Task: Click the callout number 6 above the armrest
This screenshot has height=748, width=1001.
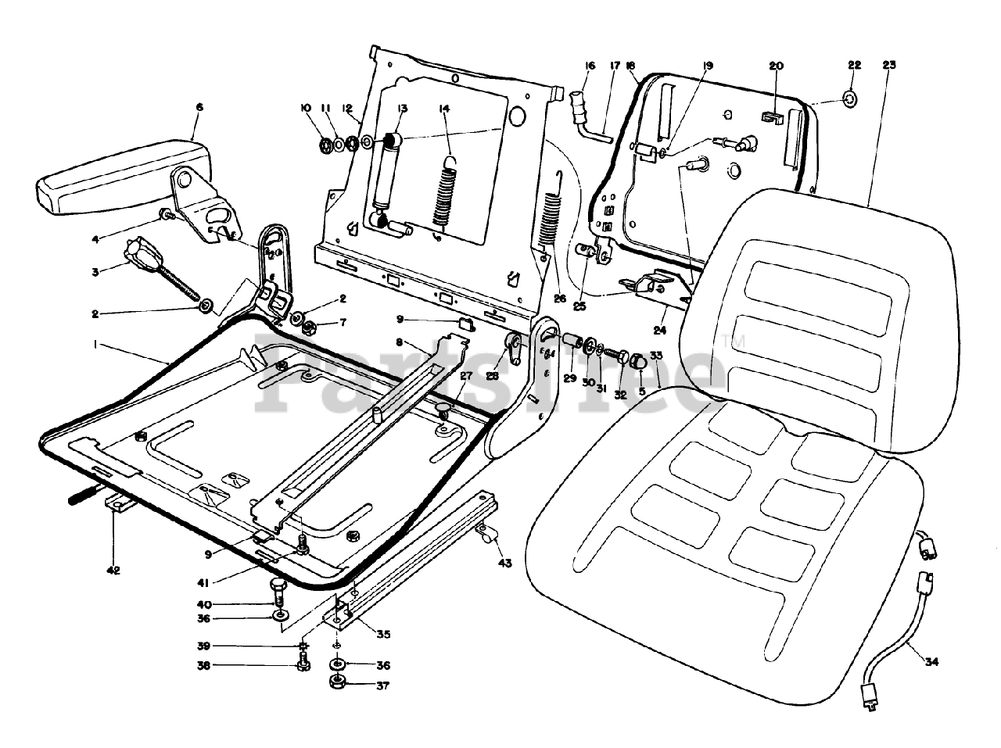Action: point(199,107)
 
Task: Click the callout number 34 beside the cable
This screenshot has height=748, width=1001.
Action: point(931,661)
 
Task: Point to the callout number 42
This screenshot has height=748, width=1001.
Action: point(113,571)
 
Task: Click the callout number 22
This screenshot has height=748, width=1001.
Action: point(853,65)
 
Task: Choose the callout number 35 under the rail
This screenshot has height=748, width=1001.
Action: point(383,634)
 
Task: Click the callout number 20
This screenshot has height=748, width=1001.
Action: point(776,66)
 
